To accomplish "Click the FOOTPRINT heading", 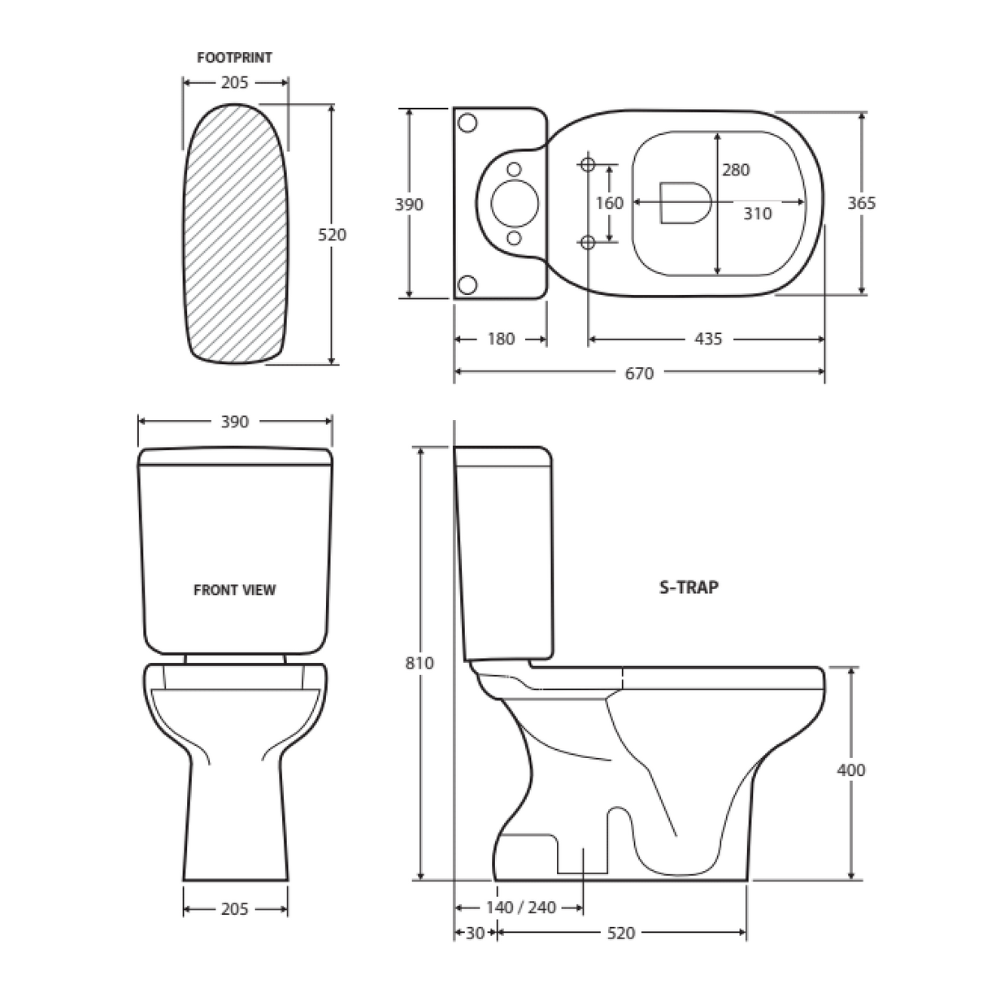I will tap(234, 58).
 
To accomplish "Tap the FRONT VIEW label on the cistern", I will tap(234, 590).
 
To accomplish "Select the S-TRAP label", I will tap(689, 587).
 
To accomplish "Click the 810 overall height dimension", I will tap(420, 663).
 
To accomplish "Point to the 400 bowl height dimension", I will tap(851, 769).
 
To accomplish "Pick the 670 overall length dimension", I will tap(639, 373).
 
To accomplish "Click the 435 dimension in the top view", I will tap(707, 339).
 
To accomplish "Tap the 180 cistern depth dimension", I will tap(500, 339).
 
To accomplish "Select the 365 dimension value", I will tap(861, 202).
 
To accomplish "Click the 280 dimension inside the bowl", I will tap(736, 170).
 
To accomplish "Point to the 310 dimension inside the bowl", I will tap(757, 214).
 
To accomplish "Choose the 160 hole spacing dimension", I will tap(609, 202).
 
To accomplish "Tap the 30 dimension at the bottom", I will tap(475, 934).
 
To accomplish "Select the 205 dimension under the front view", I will tap(234, 909).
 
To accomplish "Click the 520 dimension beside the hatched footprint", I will tap(331, 234).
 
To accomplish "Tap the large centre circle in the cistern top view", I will tap(514, 202).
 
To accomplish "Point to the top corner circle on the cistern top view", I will tap(467, 123).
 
